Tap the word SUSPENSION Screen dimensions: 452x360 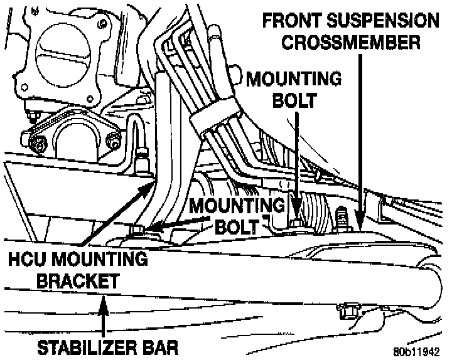pos(384,21)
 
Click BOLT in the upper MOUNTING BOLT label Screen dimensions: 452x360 pos(294,102)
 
